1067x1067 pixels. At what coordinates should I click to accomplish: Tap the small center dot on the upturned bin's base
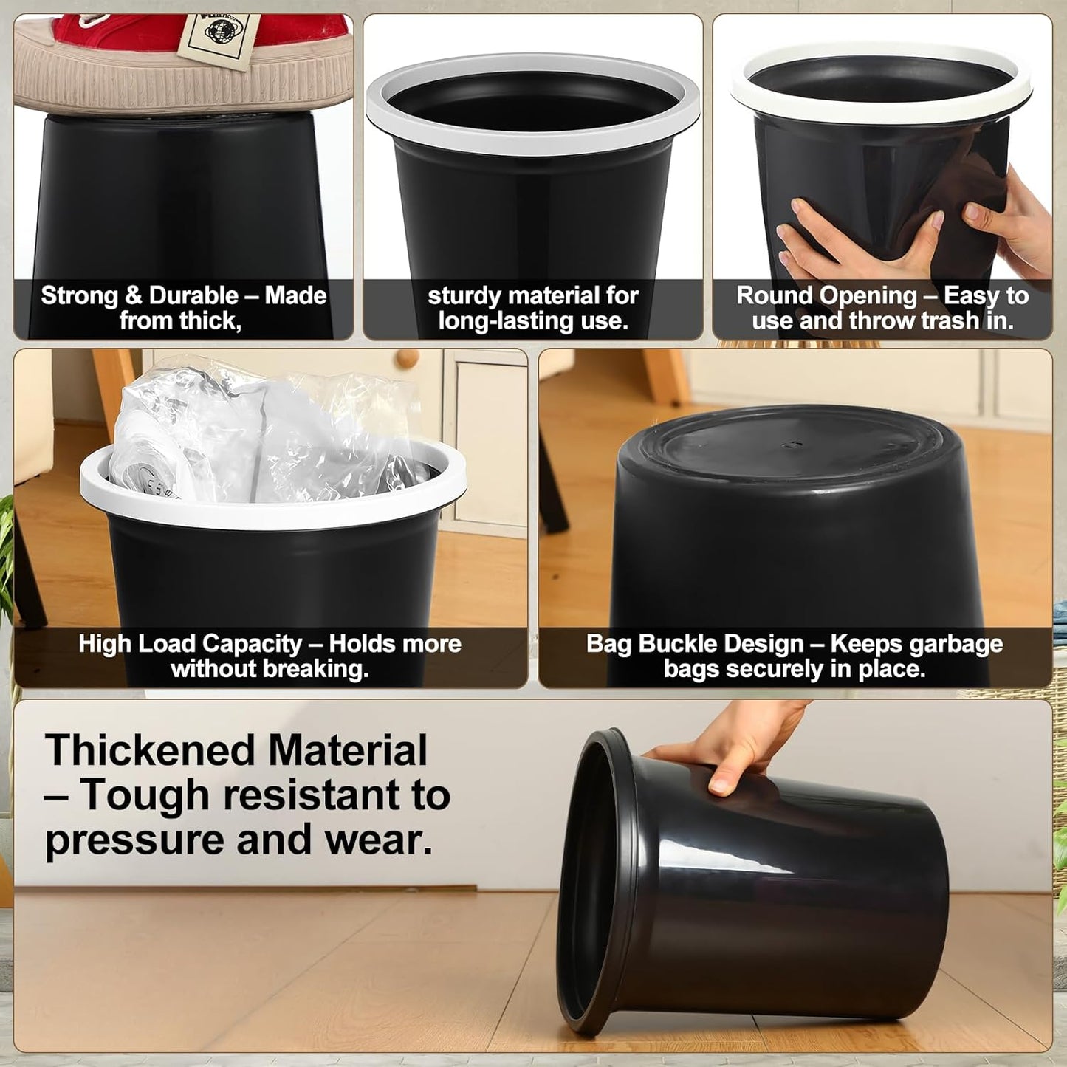(793, 445)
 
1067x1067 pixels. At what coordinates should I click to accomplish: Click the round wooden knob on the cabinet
(405, 360)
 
